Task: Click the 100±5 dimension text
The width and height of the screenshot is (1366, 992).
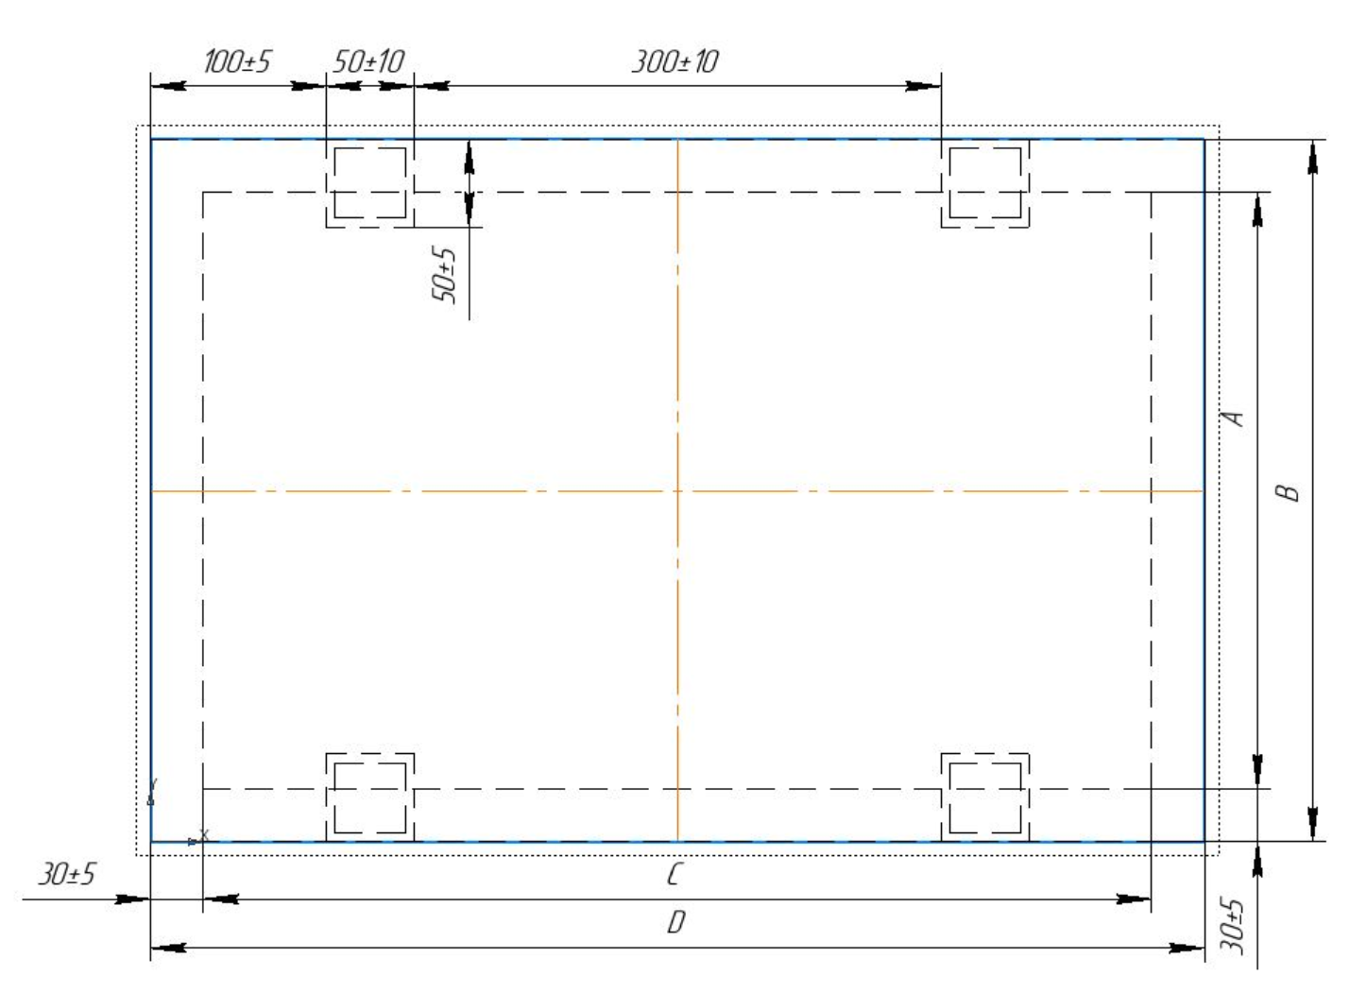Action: (236, 61)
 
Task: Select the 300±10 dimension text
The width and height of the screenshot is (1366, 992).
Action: (675, 61)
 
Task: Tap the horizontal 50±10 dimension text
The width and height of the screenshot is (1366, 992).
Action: (368, 61)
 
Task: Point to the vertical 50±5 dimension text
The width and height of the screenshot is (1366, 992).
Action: (444, 275)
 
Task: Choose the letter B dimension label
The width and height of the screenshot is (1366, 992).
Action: (1288, 492)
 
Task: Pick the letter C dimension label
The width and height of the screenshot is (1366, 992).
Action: (674, 875)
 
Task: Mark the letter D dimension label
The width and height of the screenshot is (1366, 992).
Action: (676, 922)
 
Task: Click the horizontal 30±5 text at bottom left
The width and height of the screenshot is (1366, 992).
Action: (66, 874)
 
